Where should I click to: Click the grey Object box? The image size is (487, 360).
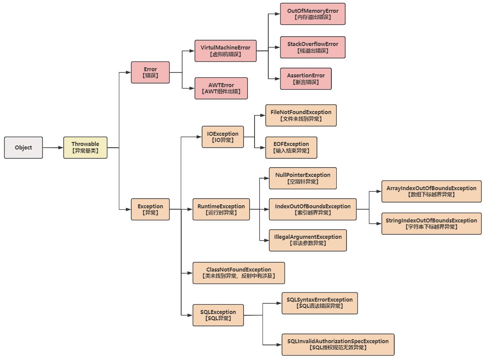click(23, 148)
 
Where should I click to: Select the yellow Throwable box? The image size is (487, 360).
click(85, 148)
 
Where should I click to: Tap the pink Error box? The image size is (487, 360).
click(150, 72)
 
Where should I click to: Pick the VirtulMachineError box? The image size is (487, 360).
click(225, 51)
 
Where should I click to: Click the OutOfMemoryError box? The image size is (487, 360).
click(312, 14)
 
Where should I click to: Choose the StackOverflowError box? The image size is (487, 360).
click(312, 47)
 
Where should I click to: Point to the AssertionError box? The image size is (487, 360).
click(305, 79)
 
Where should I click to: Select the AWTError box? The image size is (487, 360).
click(221, 88)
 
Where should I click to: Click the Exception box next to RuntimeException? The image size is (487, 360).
click(150, 209)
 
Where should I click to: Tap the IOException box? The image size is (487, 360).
click(223, 137)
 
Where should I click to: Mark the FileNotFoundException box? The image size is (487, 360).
click(301, 115)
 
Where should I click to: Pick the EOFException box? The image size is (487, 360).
click(291, 147)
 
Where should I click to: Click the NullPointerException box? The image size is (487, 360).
click(303, 178)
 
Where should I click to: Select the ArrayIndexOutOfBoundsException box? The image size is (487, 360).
click(431, 191)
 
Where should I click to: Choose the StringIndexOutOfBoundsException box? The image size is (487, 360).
click(431, 223)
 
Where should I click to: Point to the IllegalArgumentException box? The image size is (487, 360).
click(308, 240)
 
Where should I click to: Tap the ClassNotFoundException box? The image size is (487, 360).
click(239, 273)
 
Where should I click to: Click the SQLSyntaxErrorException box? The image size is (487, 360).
click(320, 303)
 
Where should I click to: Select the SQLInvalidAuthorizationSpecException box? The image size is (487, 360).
click(338, 345)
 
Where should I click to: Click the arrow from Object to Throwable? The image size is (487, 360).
click(53, 148)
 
